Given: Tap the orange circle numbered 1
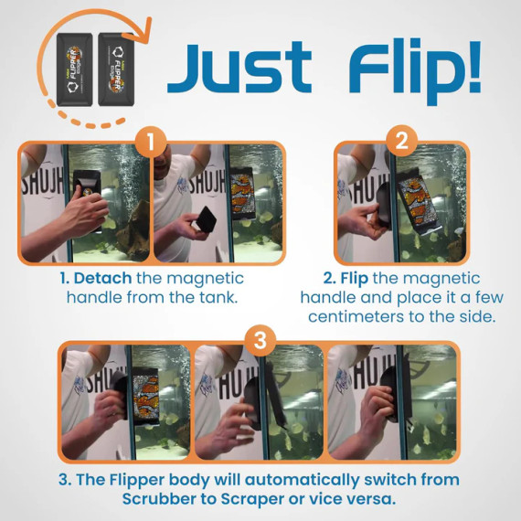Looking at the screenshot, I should pos(152,144).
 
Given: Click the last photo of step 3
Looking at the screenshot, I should pos(391,403).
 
